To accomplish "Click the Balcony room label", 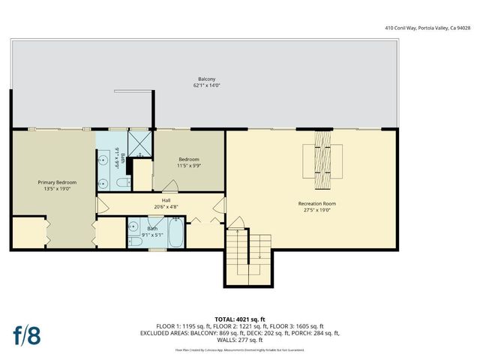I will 207,79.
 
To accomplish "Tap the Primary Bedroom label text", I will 57,182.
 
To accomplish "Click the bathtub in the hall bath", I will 176,233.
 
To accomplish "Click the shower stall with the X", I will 139,142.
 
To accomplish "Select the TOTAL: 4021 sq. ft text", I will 239,319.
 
